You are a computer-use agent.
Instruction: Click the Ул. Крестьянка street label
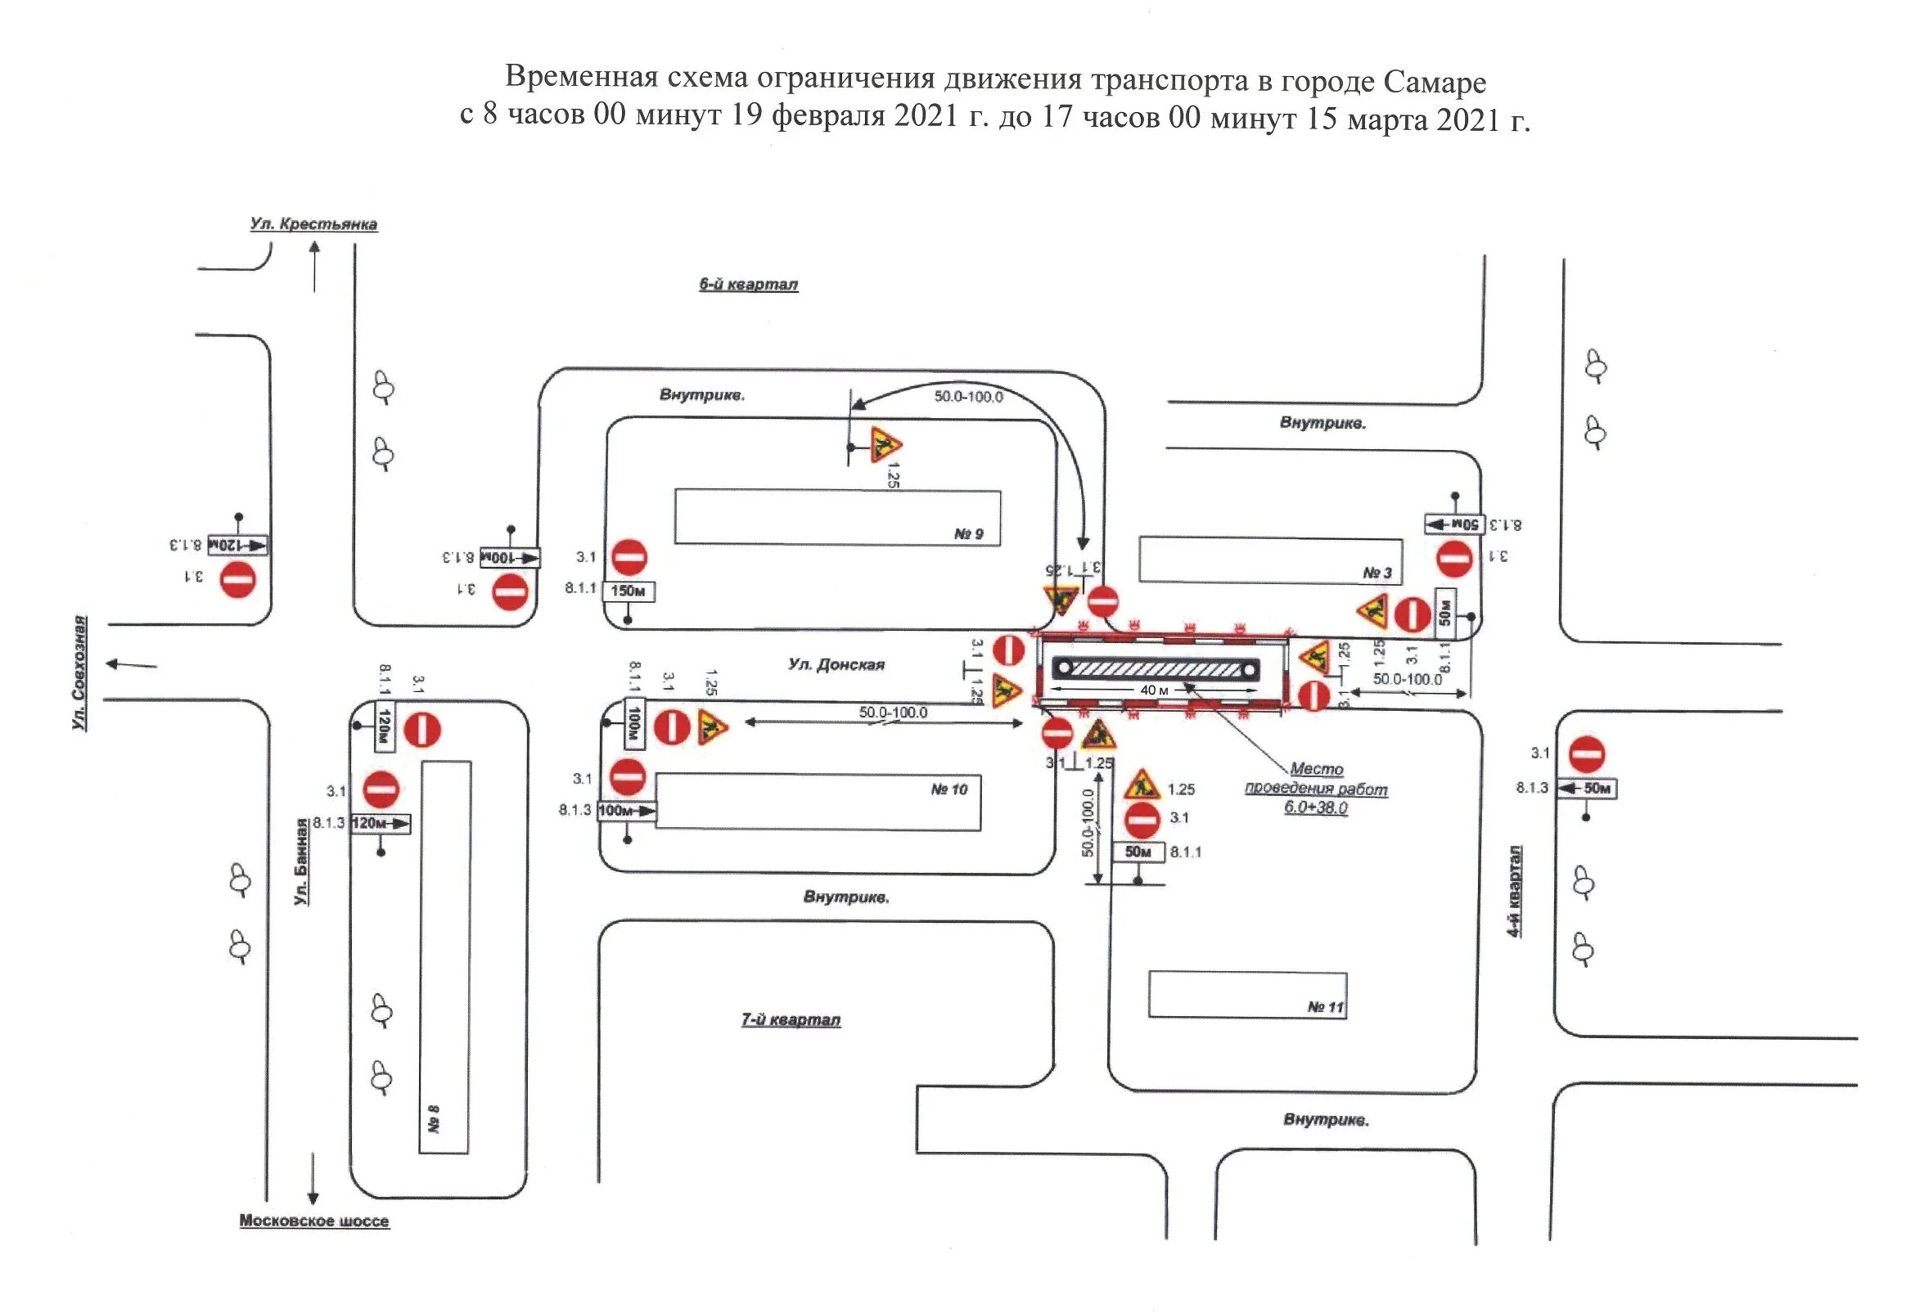(314, 224)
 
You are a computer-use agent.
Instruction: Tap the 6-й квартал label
(748, 284)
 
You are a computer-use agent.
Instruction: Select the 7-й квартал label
(791, 1020)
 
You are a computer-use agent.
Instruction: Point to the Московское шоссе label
(314, 1221)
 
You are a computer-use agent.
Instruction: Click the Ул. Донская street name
(836, 665)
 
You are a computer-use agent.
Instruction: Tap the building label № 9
(968, 533)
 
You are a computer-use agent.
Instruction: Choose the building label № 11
(1325, 1006)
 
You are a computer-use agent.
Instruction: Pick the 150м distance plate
(629, 591)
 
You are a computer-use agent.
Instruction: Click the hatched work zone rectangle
(1156, 669)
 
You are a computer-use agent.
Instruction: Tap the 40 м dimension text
(1154, 690)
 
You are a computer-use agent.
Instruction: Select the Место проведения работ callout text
(1316, 789)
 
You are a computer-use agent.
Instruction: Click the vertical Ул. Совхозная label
(79, 672)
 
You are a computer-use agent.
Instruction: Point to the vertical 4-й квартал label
(1515, 891)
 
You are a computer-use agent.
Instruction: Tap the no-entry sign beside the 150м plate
(629, 558)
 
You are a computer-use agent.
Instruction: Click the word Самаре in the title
(1435, 82)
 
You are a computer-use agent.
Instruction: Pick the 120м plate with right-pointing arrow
(381, 823)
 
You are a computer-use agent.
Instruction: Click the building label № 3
(1377, 573)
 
